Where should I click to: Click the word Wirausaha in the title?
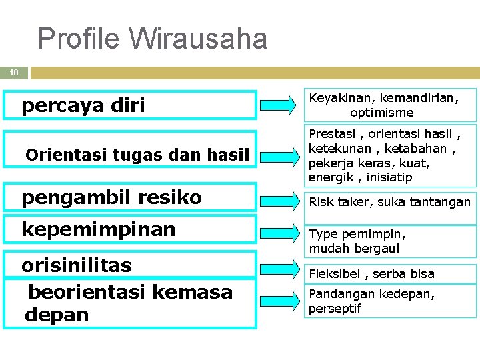199,39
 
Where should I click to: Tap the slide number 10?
14,72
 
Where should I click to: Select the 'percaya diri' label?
83,105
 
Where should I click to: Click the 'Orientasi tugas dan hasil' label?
137,155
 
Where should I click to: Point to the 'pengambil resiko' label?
111,197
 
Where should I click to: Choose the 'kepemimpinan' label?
99,229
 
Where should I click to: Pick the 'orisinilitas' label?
77,265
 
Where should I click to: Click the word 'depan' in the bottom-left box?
57,315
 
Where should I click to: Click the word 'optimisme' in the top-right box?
382,113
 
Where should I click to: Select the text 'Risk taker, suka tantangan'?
389,202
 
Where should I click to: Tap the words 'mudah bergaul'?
354,249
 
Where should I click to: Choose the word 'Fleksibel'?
334,273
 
